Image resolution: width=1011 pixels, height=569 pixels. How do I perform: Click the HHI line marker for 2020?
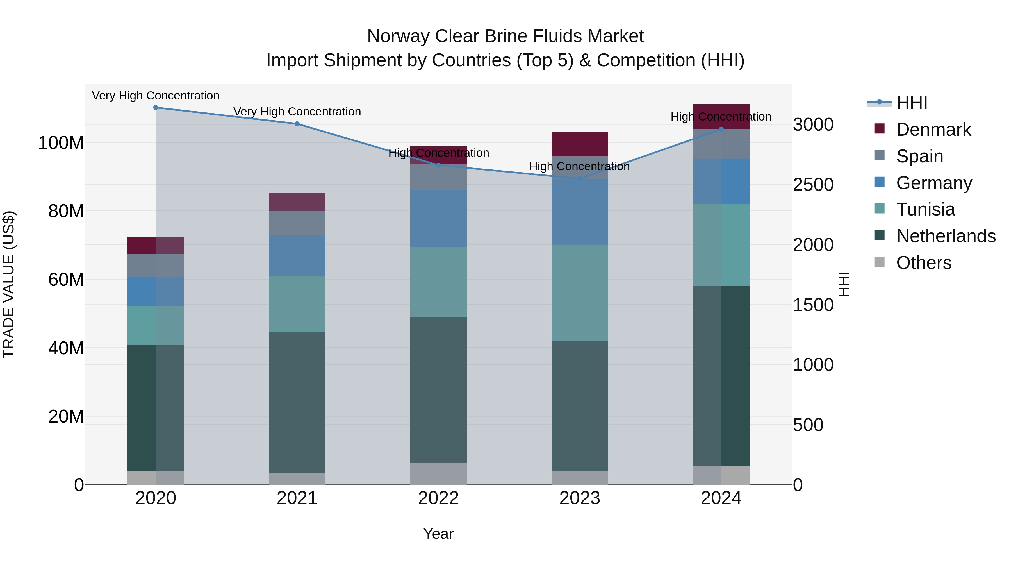point(156,107)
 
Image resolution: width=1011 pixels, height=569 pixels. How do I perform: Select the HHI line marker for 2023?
point(580,179)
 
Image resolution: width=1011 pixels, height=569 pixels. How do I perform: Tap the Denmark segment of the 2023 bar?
point(580,144)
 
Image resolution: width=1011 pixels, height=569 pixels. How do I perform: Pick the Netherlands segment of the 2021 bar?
point(297,402)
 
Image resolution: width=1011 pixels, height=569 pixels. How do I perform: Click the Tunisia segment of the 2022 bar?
point(438,282)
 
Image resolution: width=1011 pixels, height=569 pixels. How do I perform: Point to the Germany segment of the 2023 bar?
point(580,212)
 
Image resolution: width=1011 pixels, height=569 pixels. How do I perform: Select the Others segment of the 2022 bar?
point(438,473)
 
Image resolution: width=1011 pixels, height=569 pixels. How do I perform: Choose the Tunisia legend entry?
point(925,209)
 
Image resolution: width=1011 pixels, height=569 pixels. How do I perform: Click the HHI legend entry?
point(911,103)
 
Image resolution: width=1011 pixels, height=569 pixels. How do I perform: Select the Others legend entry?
point(923,263)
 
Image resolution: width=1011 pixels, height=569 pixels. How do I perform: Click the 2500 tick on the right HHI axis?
point(813,185)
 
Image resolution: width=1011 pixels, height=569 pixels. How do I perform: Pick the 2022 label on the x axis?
point(438,498)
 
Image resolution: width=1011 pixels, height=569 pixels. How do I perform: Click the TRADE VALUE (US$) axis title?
point(9,284)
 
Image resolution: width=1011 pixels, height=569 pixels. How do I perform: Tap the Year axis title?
point(438,534)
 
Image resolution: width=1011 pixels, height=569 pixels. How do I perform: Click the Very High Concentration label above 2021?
point(297,112)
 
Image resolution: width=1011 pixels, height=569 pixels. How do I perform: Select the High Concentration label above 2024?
point(721,117)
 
